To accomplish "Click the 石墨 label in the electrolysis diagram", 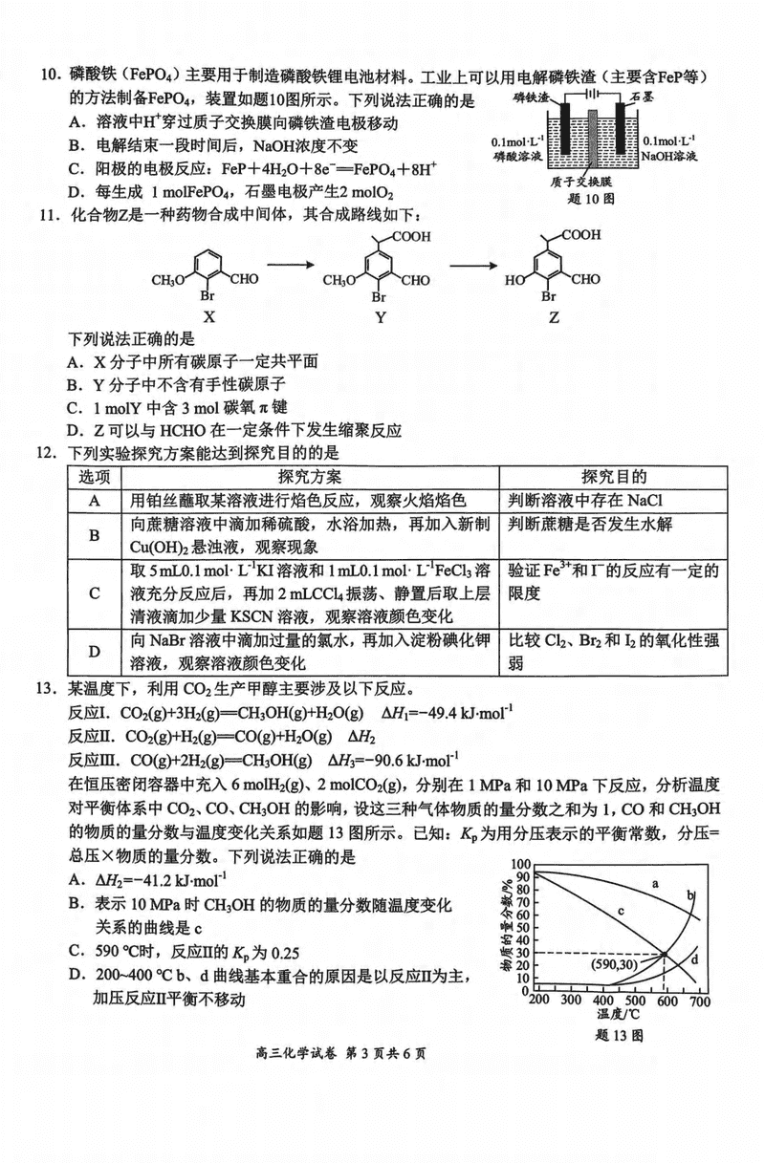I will coord(644,100).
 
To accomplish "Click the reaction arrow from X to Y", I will coord(292,270).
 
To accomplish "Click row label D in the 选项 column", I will coord(94,653).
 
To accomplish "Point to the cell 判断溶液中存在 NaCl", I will coord(585,500).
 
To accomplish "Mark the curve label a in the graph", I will coord(656,884).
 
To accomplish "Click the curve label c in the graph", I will coord(621,912).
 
